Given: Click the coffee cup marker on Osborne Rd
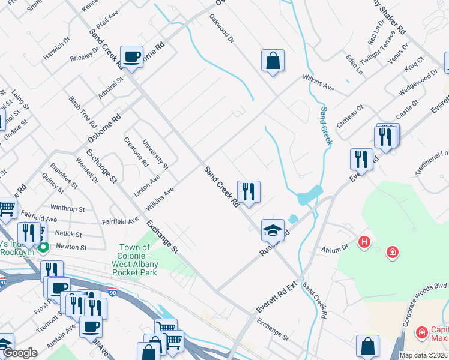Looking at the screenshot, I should click(x=131, y=57).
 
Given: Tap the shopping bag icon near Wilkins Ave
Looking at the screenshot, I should click(x=273, y=61).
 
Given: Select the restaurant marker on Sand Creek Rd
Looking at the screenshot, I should click(x=249, y=192).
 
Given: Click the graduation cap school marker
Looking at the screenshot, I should click(x=273, y=230).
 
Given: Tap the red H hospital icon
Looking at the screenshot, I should click(x=363, y=243).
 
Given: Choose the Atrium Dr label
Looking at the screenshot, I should click(x=336, y=247).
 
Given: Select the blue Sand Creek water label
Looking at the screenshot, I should click(x=325, y=126).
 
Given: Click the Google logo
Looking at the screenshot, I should click(x=20, y=353).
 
